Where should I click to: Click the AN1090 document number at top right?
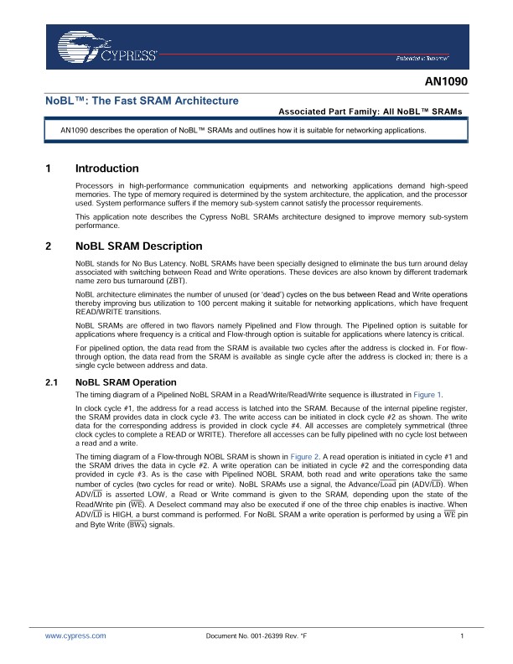pyautogui.click(x=446, y=83)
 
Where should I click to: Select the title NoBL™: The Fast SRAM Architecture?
pyautogui.click(x=142, y=101)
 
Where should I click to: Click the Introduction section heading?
pyautogui.click(x=106, y=169)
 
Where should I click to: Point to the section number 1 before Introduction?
pyautogui.click(x=48, y=169)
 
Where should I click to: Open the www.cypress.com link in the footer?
pyautogui.click(x=75, y=636)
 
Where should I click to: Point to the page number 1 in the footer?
pyautogui.click(x=462, y=636)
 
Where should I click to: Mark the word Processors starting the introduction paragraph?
pyautogui.click(x=95, y=184)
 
